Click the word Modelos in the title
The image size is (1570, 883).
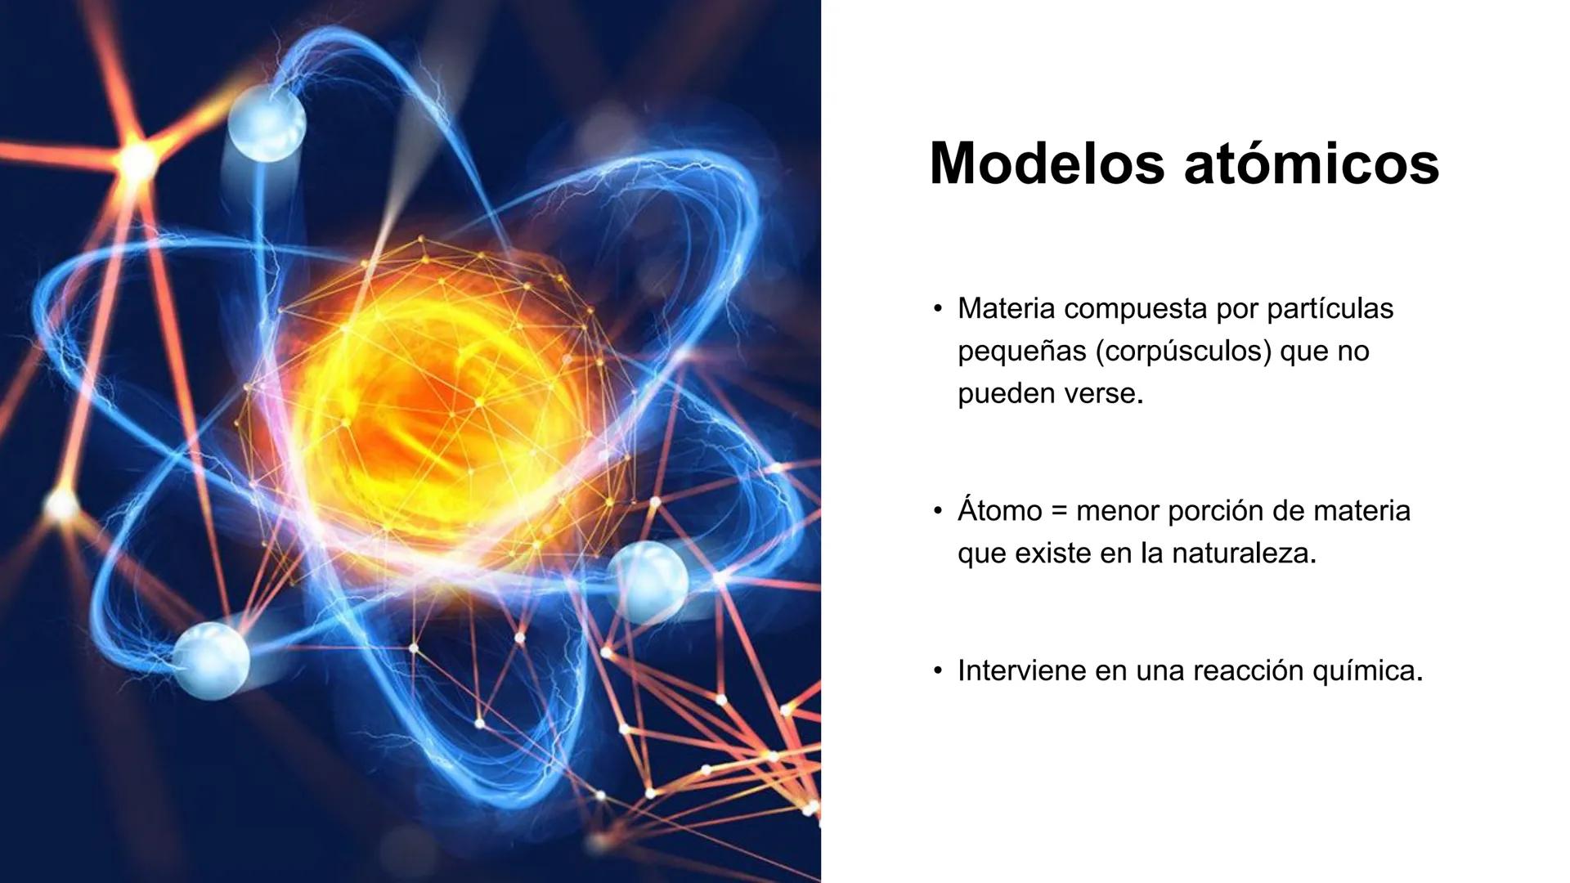pos(1047,164)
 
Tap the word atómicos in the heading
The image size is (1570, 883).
pos(1312,164)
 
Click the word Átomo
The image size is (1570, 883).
pos(999,511)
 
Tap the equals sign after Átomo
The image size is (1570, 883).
pos(1060,512)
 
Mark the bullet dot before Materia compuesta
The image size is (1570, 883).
pos(938,310)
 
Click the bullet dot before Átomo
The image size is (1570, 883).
pos(938,512)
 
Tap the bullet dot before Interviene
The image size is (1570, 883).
pos(938,671)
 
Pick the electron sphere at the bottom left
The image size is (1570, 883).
pos(211,659)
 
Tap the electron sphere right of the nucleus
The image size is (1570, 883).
pos(648,580)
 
